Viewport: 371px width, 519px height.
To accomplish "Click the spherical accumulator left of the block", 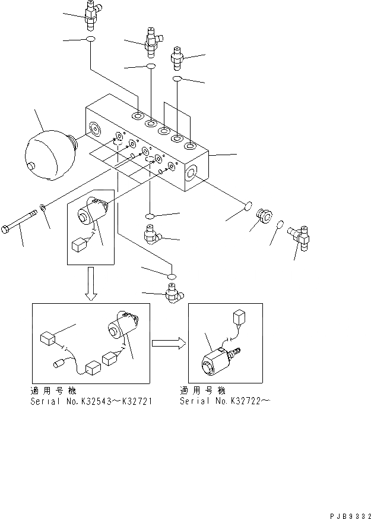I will [x=49, y=155].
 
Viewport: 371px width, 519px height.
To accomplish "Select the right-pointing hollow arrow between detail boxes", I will [x=167, y=343].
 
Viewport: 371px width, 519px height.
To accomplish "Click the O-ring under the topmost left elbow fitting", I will [x=90, y=40].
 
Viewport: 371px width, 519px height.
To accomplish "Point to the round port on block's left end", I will [x=94, y=128].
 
